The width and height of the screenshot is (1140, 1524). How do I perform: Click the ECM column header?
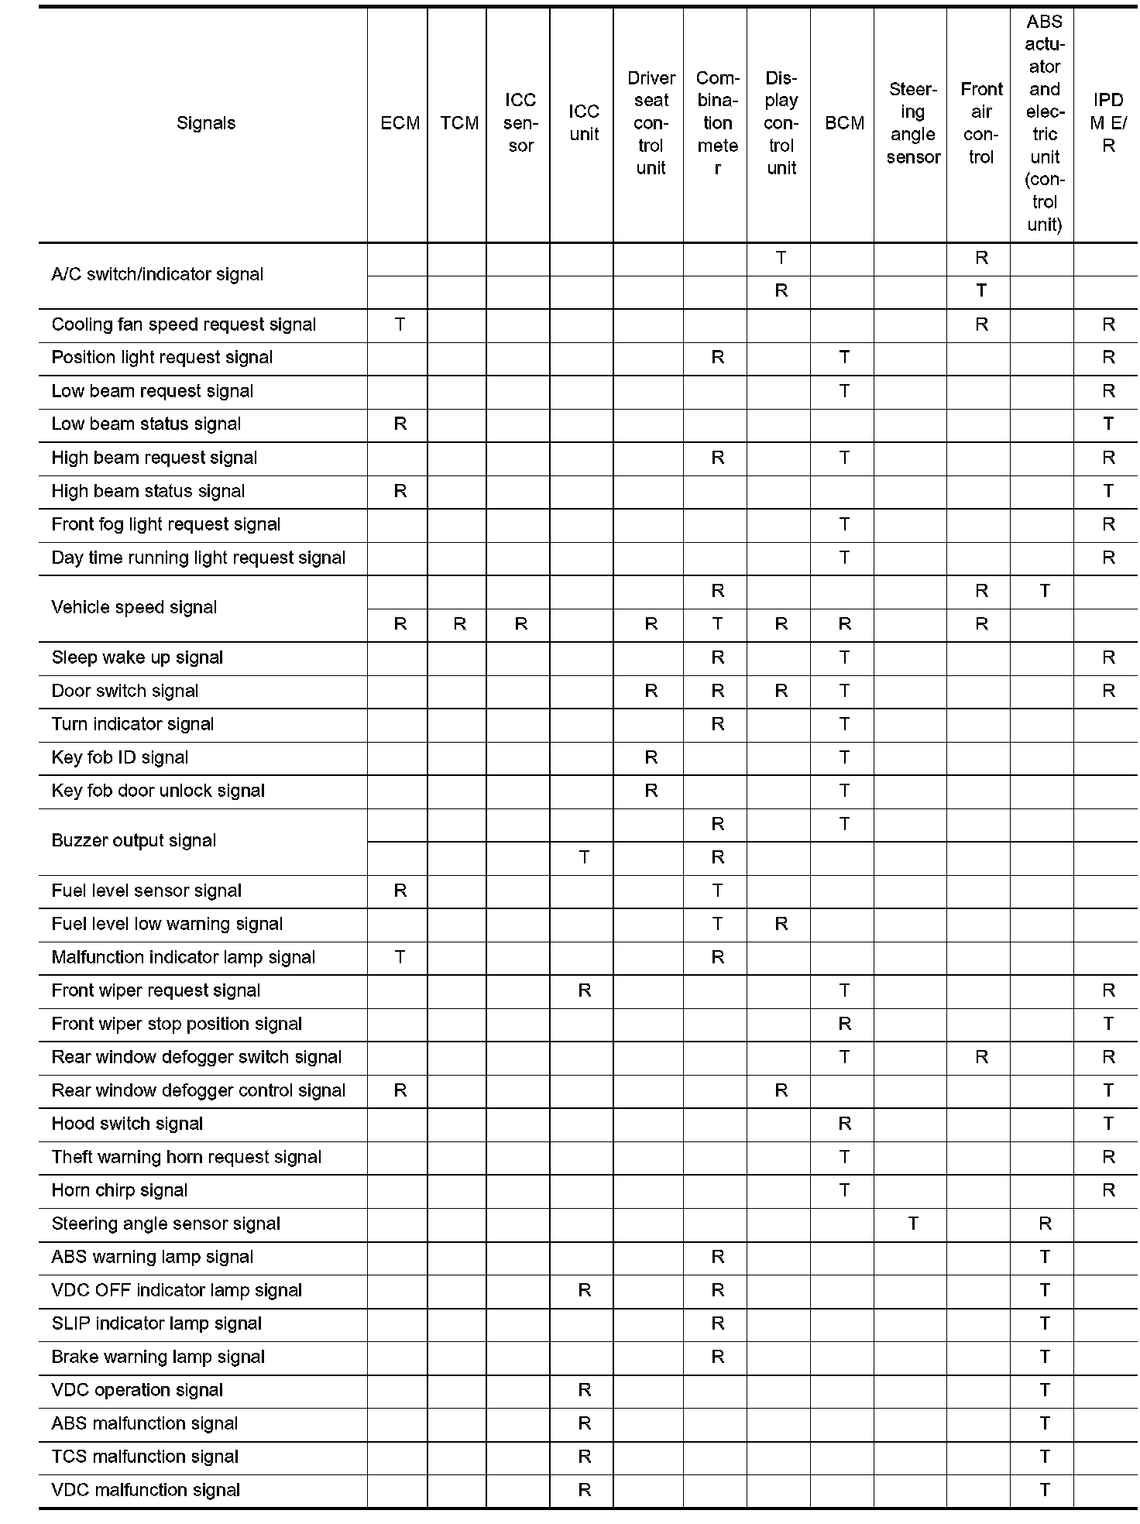400,123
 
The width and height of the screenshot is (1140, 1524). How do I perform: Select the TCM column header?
459,123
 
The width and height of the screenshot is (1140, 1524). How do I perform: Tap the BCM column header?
844,123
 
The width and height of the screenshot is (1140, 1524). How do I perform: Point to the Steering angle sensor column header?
913,123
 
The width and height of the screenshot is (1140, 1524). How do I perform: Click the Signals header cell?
206,123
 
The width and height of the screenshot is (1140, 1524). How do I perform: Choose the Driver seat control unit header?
651,123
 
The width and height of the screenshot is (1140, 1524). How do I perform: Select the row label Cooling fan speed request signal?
184,324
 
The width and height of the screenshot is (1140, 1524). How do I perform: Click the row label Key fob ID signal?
120,757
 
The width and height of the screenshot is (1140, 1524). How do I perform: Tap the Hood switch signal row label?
127,1124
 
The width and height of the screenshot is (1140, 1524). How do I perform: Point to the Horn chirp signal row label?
119,1190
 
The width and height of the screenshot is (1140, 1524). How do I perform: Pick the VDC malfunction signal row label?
146,1490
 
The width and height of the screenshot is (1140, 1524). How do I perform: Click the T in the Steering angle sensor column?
913,1224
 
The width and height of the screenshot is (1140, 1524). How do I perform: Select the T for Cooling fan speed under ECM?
400,324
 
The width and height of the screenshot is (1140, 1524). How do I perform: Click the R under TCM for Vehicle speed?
459,624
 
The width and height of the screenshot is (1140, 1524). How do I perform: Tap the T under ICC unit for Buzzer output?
584,857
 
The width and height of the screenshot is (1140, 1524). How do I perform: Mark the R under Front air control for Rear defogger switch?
981,1057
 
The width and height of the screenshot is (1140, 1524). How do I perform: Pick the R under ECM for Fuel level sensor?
400,891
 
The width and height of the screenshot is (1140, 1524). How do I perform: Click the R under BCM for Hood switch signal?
844,1124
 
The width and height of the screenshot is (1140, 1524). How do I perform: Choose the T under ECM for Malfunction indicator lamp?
400,957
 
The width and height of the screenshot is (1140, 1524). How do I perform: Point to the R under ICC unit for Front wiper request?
584,990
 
